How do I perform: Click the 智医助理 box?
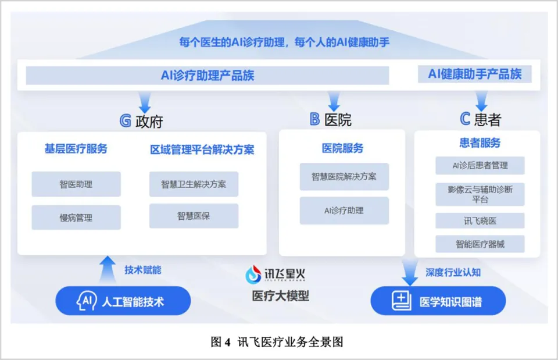click(x=76, y=184)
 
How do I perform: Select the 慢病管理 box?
click(x=76, y=218)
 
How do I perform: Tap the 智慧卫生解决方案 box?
click(x=194, y=184)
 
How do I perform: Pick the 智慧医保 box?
click(x=194, y=216)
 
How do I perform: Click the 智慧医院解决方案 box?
click(x=344, y=177)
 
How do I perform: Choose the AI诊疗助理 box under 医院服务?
click(x=344, y=211)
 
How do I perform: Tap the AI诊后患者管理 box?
click(x=480, y=165)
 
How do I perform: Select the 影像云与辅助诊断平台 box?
click(x=480, y=194)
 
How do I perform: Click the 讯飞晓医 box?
click(x=480, y=221)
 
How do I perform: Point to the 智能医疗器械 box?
click(x=480, y=244)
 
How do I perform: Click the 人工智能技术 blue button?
click(x=123, y=301)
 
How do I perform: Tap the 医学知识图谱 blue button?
click(x=438, y=301)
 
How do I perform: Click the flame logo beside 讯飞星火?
click(x=253, y=275)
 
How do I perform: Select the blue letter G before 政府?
click(x=126, y=121)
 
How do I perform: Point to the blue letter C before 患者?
click(x=465, y=119)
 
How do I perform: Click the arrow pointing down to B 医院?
click(x=334, y=101)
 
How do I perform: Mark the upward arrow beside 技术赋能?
click(x=108, y=269)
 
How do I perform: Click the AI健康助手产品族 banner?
click(x=475, y=74)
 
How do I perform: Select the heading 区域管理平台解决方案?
click(x=202, y=149)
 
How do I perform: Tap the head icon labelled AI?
click(x=87, y=301)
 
